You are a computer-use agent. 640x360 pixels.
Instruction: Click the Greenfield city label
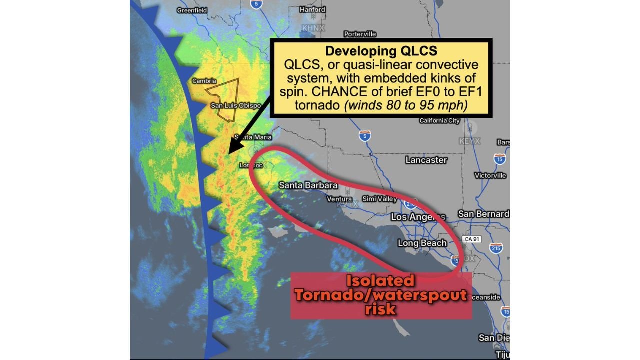tap(192, 10)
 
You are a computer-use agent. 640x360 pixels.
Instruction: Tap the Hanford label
tap(312, 9)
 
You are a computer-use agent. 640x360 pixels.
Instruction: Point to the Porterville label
tap(360, 34)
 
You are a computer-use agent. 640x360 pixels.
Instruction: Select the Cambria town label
tap(204, 81)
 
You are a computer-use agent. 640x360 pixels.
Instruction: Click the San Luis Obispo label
tap(236, 105)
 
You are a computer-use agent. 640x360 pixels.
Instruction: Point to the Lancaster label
tap(426, 160)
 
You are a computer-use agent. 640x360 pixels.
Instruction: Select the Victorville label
tap(490, 175)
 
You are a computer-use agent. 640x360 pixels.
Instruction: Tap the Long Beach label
tap(422, 243)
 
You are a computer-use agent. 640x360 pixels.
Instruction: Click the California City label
tap(439, 121)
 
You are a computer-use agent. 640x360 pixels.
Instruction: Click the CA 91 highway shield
tap(471, 239)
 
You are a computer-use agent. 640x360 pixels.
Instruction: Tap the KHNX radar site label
tap(313, 28)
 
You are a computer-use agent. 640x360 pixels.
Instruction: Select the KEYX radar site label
tap(469, 141)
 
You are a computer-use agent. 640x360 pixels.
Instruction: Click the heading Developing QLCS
tap(381, 51)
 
